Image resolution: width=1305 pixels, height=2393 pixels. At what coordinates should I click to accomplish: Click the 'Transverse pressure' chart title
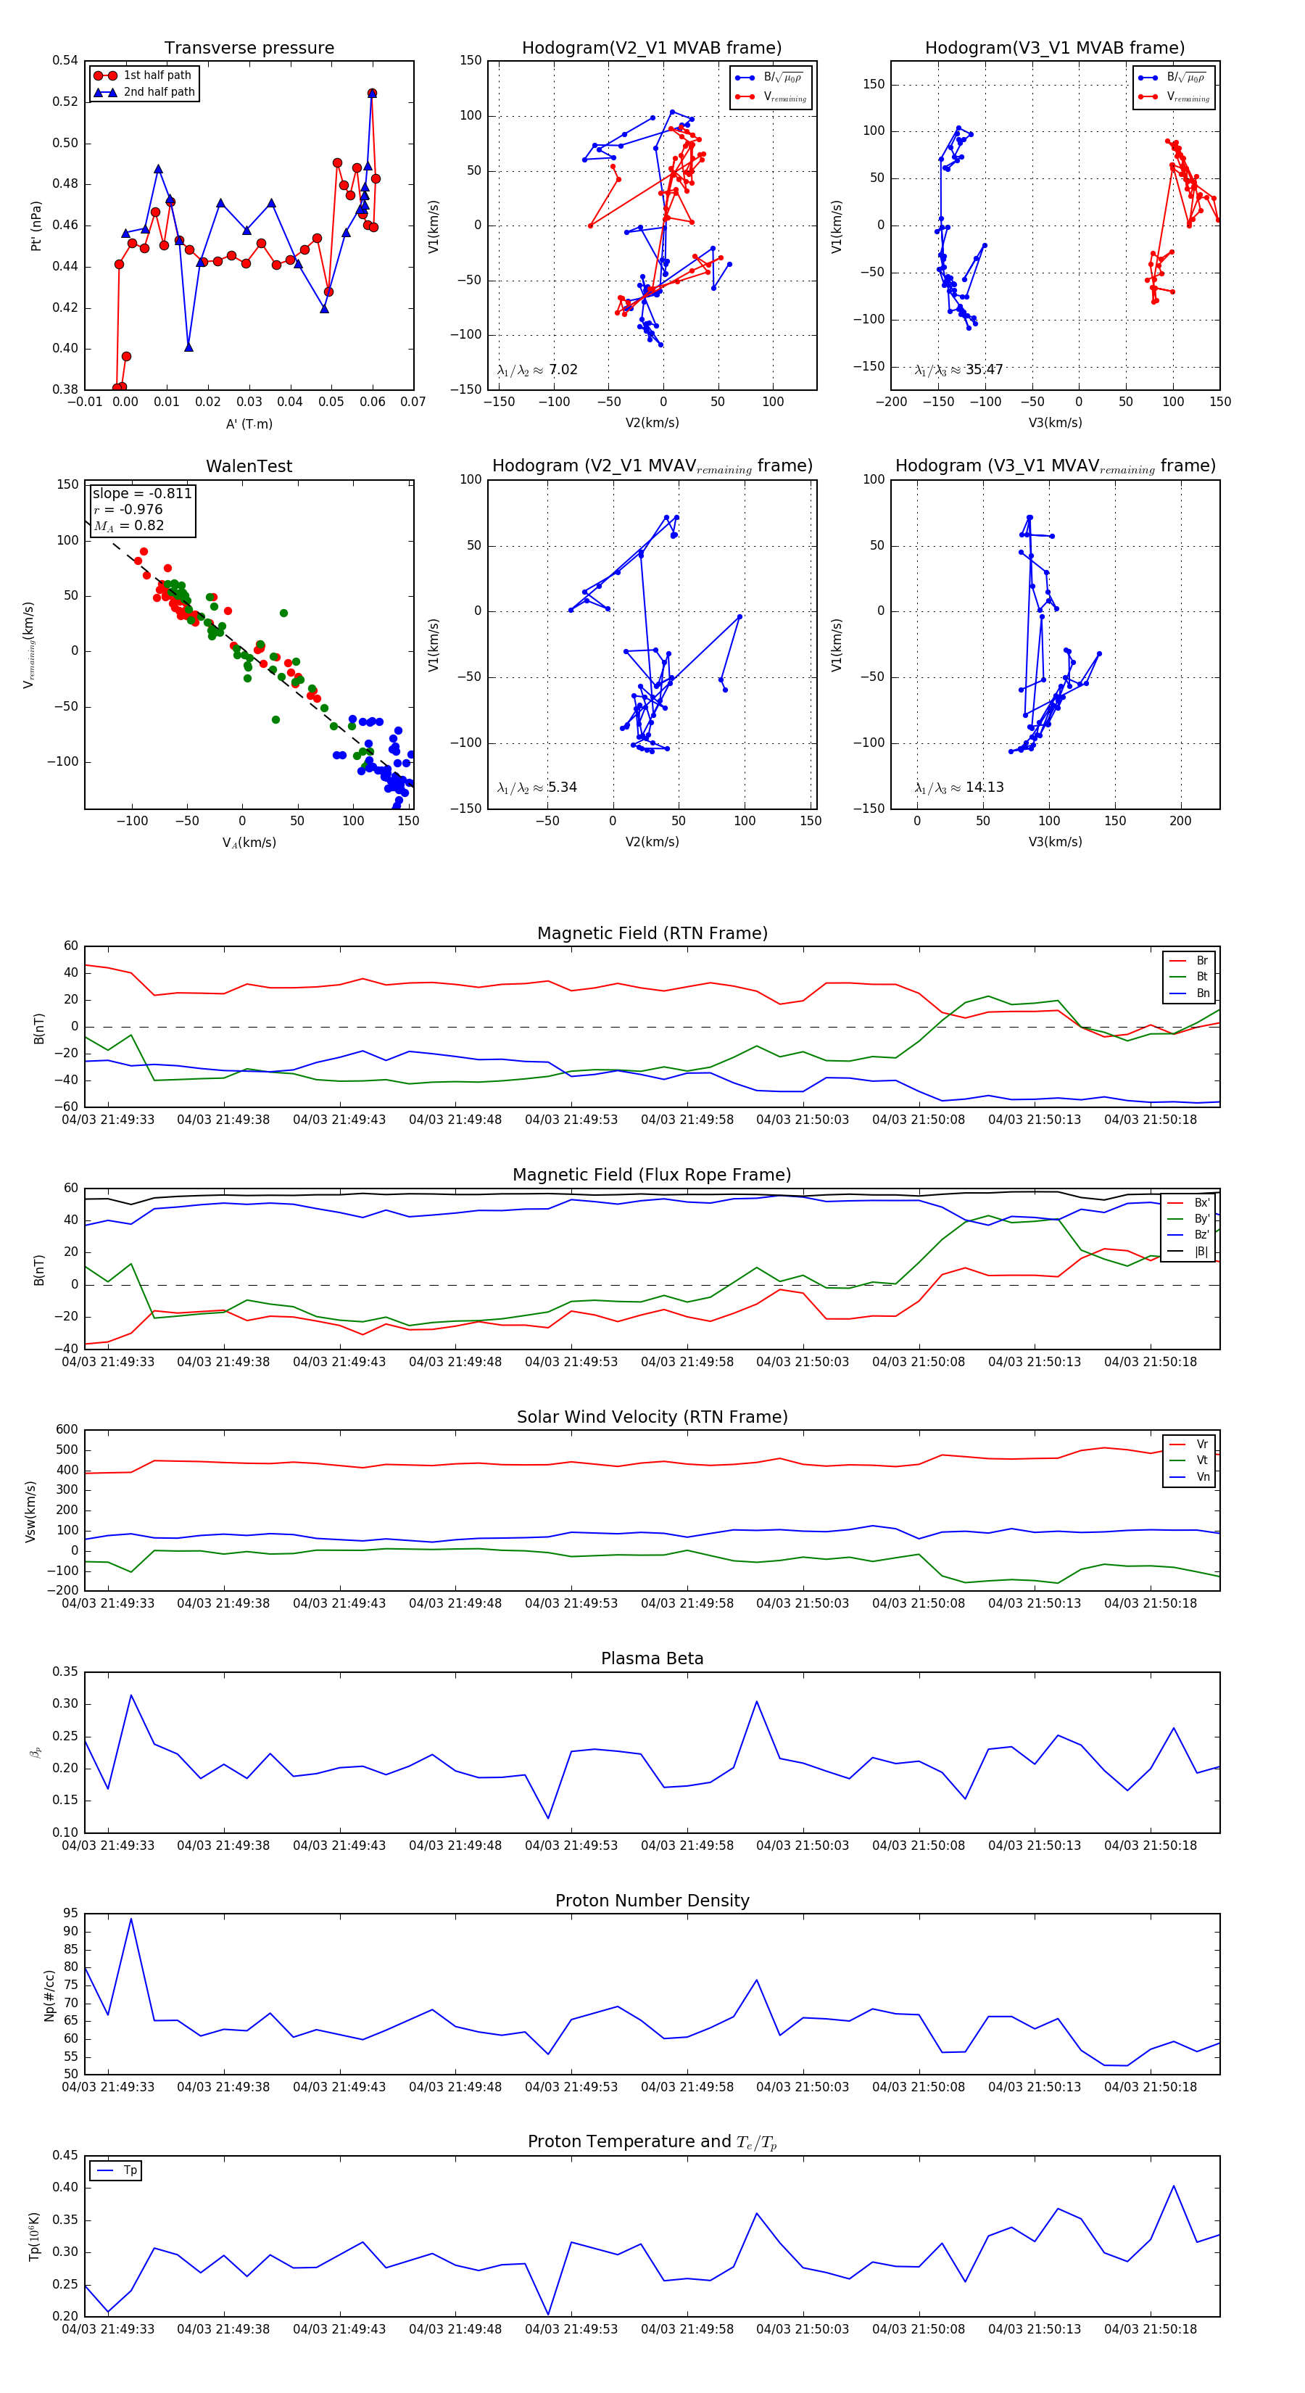point(249,49)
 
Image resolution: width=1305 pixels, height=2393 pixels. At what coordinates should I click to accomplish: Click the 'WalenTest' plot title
point(249,466)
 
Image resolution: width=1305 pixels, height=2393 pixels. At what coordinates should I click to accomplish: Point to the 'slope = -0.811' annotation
point(142,493)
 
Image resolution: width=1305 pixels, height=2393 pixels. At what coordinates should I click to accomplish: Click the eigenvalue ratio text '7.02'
point(563,370)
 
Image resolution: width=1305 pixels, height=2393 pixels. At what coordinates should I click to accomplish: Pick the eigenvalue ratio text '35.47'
point(984,370)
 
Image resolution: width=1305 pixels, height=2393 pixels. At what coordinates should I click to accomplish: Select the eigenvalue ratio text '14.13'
point(984,788)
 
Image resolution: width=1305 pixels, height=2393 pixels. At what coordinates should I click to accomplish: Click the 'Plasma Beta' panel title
point(652,1659)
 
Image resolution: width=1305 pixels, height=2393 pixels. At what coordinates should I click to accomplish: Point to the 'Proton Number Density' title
point(652,1901)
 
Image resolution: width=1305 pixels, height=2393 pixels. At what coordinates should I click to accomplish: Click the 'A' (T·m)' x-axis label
point(249,424)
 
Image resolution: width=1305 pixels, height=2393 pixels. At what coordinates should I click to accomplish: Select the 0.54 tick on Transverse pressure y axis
point(65,60)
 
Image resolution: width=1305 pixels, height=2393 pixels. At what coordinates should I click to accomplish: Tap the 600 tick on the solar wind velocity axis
point(67,1430)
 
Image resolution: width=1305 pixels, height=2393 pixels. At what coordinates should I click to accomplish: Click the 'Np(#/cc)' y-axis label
point(49,1996)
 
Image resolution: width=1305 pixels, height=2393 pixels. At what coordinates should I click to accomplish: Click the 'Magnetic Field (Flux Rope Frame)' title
point(652,1175)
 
